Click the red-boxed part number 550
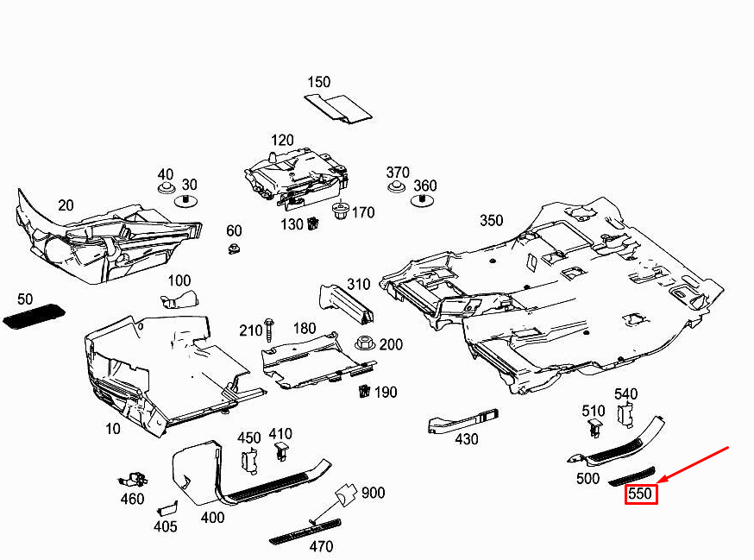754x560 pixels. [640, 494]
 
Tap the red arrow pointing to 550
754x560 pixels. [694, 464]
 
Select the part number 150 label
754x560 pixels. [319, 82]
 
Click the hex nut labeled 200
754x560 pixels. [365, 343]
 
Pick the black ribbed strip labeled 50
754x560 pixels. [34, 317]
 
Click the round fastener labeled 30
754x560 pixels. [185, 201]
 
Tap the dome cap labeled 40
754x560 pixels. [166, 187]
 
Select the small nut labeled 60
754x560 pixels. [234, 249]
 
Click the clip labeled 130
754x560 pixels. [313, 223]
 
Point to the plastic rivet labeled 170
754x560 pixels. [341, 211]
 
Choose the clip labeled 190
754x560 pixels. [365, 391]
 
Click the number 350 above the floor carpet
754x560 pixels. [492, 220]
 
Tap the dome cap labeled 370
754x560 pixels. [396, 186]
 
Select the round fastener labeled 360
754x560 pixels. [422, 201]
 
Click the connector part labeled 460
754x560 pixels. [133, 480]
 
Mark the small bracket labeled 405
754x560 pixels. [167, 508]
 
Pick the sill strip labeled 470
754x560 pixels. [305, 532]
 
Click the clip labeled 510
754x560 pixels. [595, 428]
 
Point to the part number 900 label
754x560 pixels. [374, 493]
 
